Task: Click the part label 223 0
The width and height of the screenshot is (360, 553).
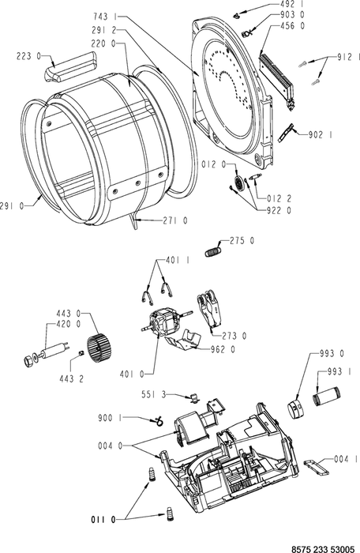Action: click(29, 56)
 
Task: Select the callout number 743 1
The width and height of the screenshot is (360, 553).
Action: click(106, 17)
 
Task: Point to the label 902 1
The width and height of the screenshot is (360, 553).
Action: click(321, 135)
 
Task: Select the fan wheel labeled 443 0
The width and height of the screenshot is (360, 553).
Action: click(99, 350)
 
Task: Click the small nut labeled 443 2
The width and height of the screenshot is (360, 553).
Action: click(81, 353)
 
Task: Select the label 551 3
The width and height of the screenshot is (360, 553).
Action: click(153, 394)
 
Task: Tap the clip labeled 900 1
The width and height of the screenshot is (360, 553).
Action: click(156, 421)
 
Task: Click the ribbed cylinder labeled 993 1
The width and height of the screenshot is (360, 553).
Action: click(327, 397)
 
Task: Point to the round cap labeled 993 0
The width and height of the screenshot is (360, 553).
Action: click(297, 408)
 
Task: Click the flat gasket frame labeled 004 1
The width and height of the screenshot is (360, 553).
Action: click(316, 466)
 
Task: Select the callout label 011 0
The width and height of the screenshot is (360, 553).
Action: click(103, 520)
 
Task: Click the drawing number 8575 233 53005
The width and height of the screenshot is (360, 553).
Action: click(322, 549)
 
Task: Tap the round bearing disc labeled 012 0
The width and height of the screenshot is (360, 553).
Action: click(238, 183)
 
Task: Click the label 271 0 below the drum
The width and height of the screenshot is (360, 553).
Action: click(175, 220)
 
